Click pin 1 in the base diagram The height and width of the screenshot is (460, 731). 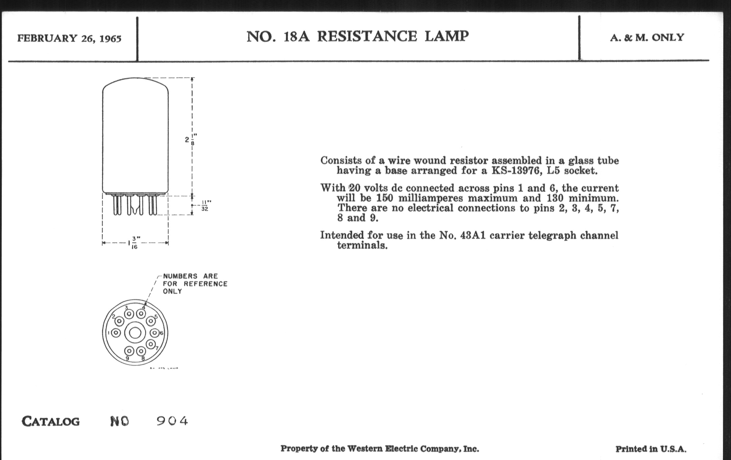point(116,333)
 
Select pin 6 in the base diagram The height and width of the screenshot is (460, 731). point(154,333)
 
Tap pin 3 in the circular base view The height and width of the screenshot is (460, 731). point(129,314)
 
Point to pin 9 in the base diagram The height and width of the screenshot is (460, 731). point(129,351)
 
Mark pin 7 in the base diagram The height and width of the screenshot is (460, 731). point(151,344)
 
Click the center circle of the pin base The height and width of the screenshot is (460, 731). point(135,333)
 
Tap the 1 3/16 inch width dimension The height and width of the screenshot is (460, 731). point(133,243)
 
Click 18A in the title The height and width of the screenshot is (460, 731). point(296,37)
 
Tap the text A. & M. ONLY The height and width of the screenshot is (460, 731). point(647,38)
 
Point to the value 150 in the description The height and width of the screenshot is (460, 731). point(385,198)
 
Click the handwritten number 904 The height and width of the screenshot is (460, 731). point(172,421)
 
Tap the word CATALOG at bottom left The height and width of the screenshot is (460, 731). point(51,422)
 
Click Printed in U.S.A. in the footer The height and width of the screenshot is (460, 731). point(651,449)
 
